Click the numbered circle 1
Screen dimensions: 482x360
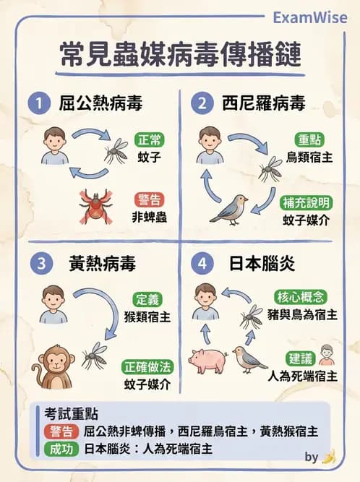point(37,103)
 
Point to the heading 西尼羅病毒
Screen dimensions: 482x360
point(257,103)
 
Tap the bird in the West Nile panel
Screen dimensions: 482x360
point(229,209)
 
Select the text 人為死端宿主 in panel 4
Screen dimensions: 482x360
point(301,376)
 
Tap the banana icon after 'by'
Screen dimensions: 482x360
point(329,457)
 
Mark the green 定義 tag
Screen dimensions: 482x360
point(150,298)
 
